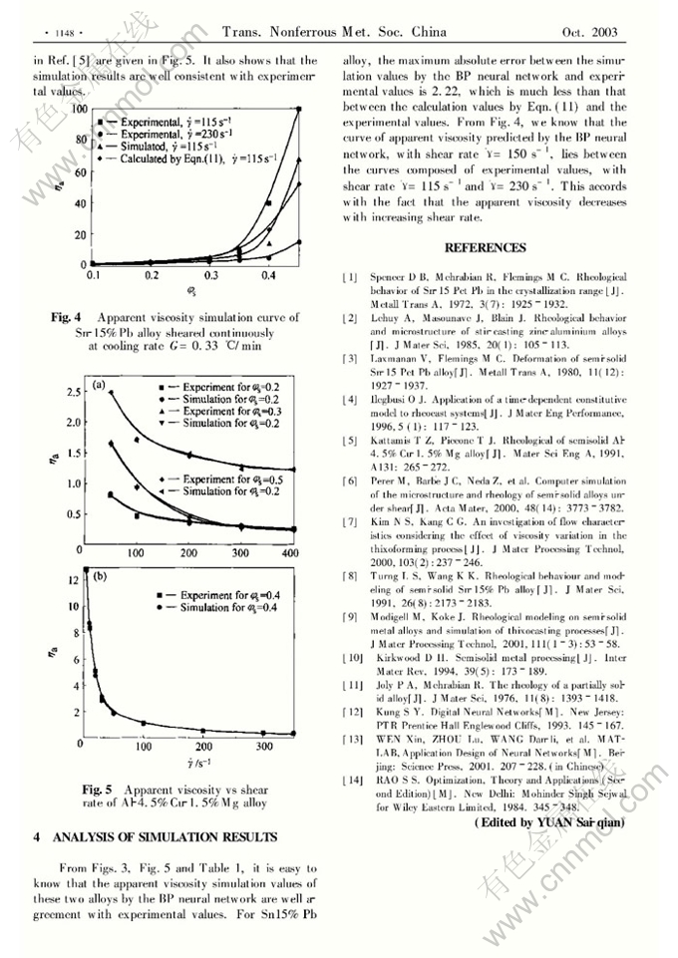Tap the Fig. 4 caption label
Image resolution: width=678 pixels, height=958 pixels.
pos(67,317)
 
